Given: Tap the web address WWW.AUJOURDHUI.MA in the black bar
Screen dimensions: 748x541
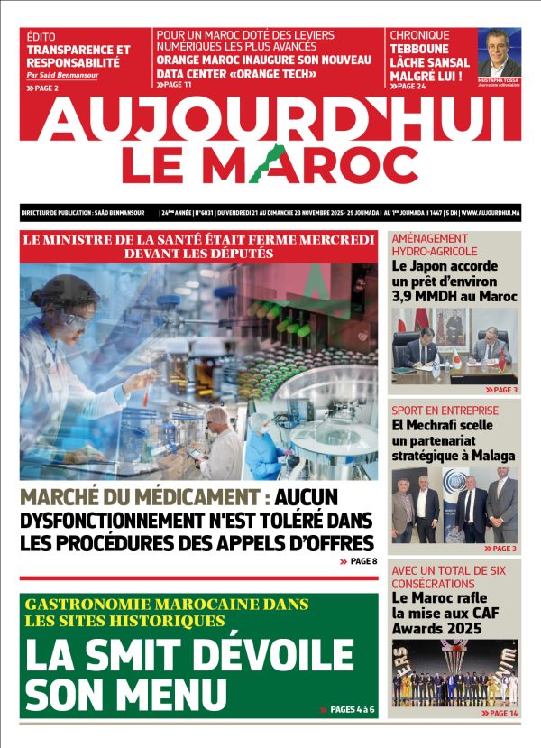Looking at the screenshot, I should [490, 214].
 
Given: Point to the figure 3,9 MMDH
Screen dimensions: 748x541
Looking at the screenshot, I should [419, 296].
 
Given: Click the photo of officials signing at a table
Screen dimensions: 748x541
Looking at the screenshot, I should [454, 346].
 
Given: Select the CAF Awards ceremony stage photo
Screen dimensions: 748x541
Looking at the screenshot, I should [454, 674].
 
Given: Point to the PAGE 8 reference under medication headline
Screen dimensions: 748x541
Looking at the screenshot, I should [361, 561].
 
